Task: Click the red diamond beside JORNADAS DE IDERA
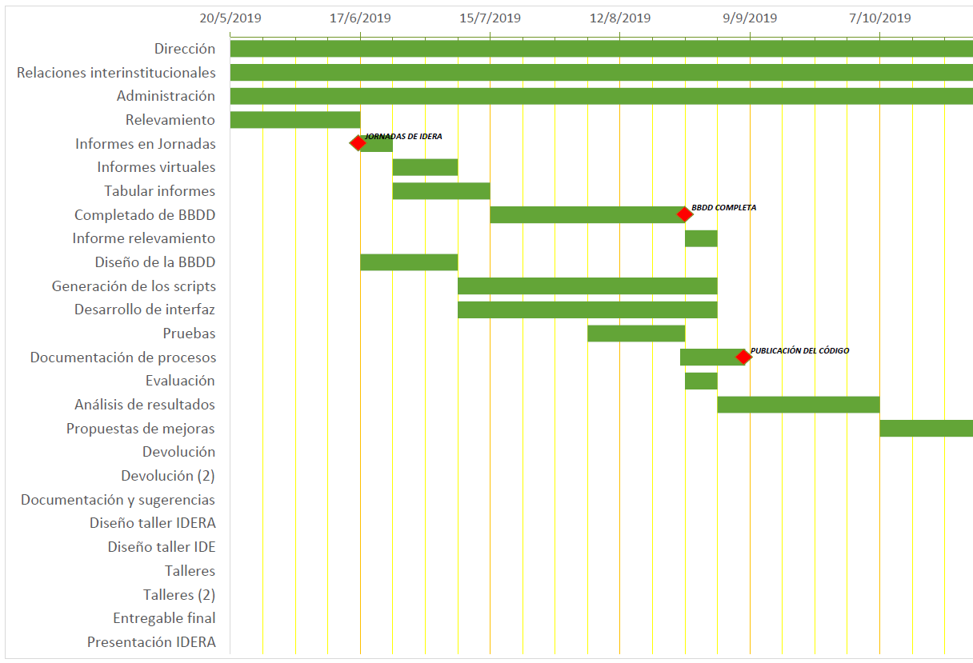point(358,143)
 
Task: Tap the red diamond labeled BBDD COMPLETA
point(684,214)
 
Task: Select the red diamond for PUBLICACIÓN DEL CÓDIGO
point(743,357)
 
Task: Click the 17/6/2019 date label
point(360,18)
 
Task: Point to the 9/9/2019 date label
point(750,18)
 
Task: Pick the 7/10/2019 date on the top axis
point(879,18)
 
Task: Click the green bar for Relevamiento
point(294,120)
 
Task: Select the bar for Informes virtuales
point(425,167)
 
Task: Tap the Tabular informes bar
point(441,191)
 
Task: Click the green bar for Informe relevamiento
point(701,238)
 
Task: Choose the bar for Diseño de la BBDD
point(409,262)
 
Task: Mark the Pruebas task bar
point(636,333)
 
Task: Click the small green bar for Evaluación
point(701,381)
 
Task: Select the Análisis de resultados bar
point(799,405)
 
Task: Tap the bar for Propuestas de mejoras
point(926,428)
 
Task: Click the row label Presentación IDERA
point(151,641)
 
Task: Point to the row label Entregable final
point(164,618)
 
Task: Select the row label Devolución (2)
point(168,476)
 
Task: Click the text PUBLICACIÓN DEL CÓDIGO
point(800,350)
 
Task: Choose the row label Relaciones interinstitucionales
point(116,73)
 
